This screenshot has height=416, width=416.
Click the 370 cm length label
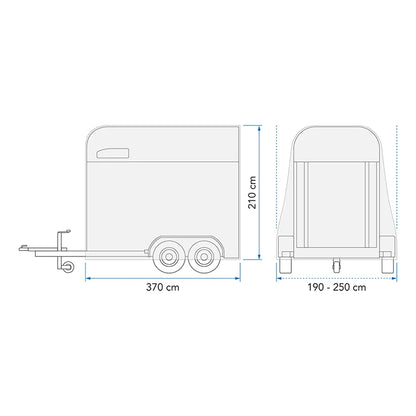163,287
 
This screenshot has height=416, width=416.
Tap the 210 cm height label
252,193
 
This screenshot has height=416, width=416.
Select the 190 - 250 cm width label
337,287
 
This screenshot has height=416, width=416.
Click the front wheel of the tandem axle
168,257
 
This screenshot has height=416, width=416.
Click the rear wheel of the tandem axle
202,257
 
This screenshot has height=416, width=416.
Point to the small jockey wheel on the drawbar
69,266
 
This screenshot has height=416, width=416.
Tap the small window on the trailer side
113,153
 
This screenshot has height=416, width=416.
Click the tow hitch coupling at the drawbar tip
23,247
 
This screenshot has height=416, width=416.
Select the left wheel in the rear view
286,262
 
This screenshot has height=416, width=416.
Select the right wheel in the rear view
387,262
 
